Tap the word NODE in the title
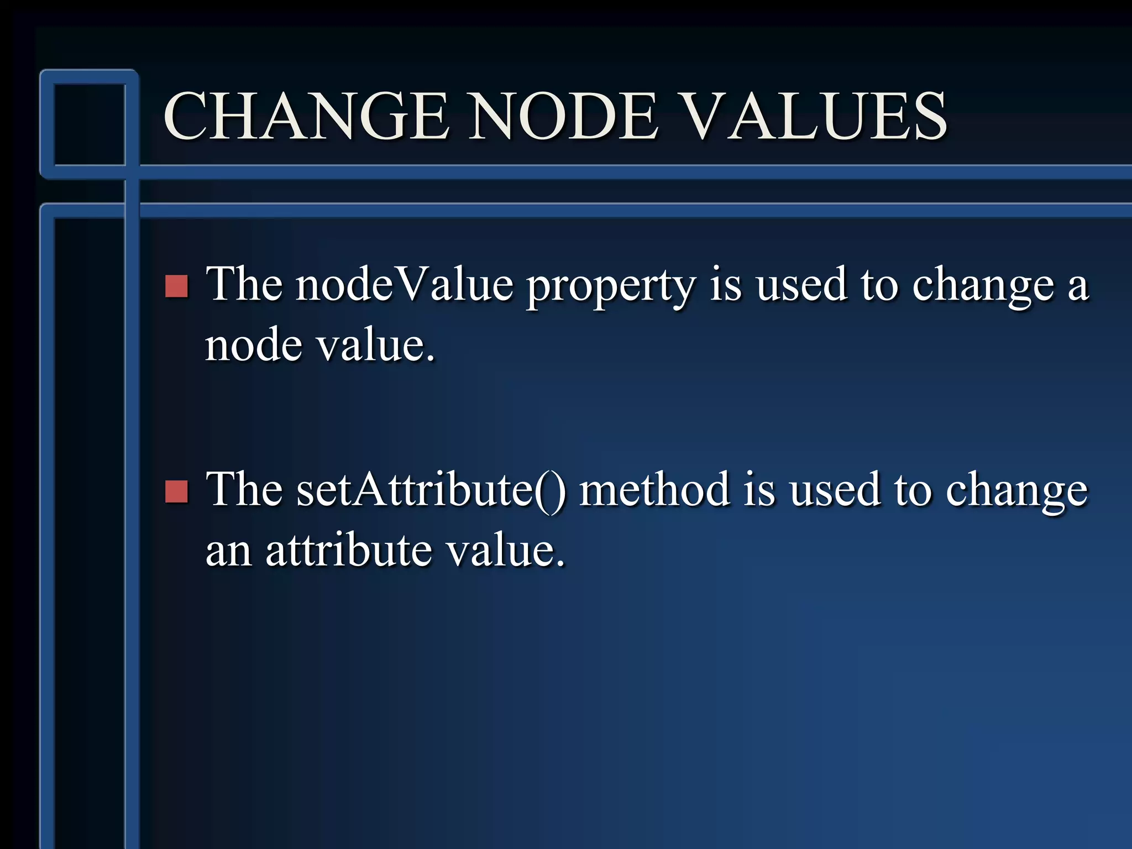[x=564, y=116]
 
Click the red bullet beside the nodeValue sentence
[x=177, y=286]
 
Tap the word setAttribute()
[x=431, y=490]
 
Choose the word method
[x=654, y=490]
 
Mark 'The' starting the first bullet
[x=244, y=284]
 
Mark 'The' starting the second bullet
[x=244, y=490]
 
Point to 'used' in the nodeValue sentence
[x=801, y=285]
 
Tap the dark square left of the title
[x=90, y=124]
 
